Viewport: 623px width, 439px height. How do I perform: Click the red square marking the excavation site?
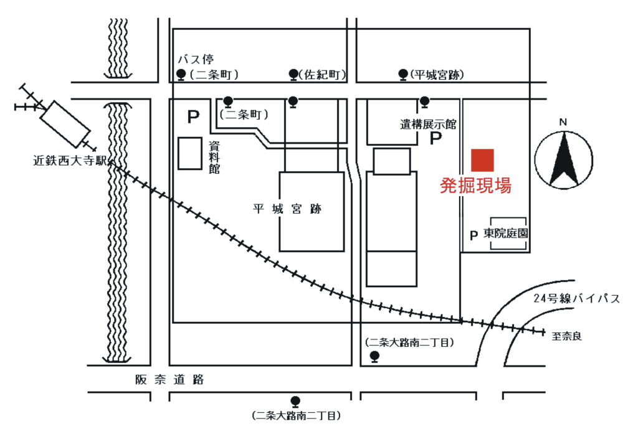coord(483,160)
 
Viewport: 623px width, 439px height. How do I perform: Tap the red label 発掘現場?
coord(475,186)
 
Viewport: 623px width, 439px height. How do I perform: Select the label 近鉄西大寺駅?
coord(70,161)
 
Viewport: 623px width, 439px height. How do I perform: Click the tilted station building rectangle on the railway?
coord(65,124)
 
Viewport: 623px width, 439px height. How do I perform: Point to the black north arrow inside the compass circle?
coord(563,159)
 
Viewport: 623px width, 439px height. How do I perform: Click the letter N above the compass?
coord(563,123)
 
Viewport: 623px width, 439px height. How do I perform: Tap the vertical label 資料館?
coord(214,158)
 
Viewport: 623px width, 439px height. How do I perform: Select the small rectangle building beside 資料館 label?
coord(190,153)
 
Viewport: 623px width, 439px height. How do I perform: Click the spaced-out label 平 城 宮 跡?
coord(287,209)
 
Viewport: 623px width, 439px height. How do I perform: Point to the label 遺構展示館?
coord(429,125)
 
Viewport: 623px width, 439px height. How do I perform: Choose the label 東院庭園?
coord(506,234)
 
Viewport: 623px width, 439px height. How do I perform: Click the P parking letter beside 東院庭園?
coord(473,235)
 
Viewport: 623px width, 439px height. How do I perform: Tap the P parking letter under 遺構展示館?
coord(436,138)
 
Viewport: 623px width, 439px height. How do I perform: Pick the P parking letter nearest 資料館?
coord(193,117)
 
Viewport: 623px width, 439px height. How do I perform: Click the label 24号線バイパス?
coord(576,298)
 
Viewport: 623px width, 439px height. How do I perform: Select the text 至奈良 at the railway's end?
coord(566,336)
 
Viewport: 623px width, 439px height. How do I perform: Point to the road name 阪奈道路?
coord(169,380)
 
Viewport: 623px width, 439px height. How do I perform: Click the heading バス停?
coord(196,60)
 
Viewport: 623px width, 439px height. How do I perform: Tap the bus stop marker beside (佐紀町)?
coord(293,74)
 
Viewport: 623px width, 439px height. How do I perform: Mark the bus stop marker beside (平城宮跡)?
coord(403,74)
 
